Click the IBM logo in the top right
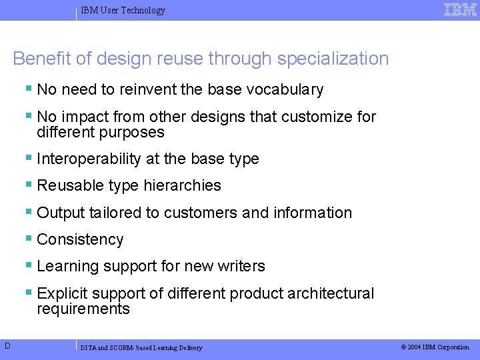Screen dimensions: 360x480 tap(461, 9)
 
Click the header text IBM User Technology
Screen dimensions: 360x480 tap(123, 11)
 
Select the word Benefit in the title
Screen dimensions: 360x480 tap(41, 59)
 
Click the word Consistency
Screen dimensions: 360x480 tap(81, 239)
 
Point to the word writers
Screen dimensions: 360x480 tap(243, 266)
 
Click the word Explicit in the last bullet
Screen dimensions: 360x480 tap(62, 293)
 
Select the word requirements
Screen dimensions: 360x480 tap(83, 309)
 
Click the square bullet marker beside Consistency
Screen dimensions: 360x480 tap(29, 239)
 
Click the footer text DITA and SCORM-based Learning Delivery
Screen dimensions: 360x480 tap(141, 347)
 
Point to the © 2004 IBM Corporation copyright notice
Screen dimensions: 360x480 tap(435, 347)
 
